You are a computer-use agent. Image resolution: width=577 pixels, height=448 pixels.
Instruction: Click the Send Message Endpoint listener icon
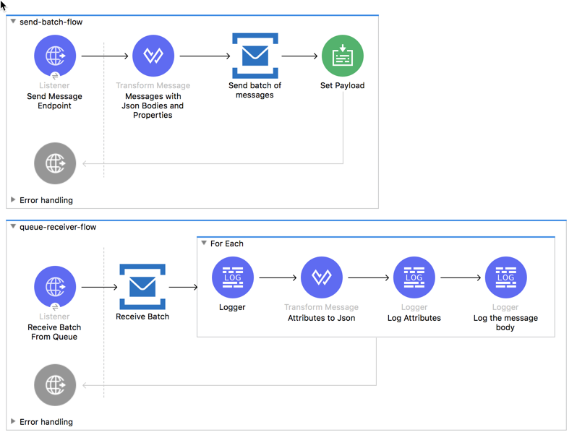point(55,56)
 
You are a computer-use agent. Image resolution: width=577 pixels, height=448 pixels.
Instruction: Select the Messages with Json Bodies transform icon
point(153,56)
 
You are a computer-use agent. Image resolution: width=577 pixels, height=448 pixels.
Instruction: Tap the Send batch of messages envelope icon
point(255,56)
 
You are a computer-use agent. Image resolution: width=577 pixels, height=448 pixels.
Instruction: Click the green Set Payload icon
point(342,56)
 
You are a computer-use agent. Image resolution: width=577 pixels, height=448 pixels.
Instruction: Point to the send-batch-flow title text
point(51,22)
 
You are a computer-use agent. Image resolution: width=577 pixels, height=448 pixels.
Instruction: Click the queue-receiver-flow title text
point(58,227)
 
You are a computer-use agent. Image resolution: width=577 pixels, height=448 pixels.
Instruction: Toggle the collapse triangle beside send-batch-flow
point(13,22)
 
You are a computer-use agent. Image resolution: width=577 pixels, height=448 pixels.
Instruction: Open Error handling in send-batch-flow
point(46,200)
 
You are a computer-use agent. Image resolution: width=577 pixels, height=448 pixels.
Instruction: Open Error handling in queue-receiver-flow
point(46,422)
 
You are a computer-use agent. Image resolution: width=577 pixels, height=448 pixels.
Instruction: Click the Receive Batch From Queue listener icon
point(55,287)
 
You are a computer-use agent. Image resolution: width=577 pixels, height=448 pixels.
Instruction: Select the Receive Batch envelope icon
point(142,287)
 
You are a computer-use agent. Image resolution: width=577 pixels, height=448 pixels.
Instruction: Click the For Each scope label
point(226,244)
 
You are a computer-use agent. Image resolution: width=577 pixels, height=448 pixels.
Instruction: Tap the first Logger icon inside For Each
point(232,277)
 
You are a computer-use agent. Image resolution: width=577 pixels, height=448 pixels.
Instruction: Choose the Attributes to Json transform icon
point(321,277)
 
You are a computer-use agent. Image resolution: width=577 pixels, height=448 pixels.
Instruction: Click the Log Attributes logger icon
point(414,277)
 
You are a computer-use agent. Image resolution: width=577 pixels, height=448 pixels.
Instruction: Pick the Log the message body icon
point(505,277)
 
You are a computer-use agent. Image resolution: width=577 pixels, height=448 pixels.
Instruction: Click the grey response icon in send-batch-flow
point(55,163)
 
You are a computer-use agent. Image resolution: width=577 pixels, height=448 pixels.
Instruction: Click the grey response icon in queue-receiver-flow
point(55,385)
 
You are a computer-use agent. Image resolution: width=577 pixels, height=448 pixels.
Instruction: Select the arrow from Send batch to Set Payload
point(299,56)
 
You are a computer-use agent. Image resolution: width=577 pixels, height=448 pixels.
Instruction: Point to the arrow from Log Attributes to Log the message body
point(460,277)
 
